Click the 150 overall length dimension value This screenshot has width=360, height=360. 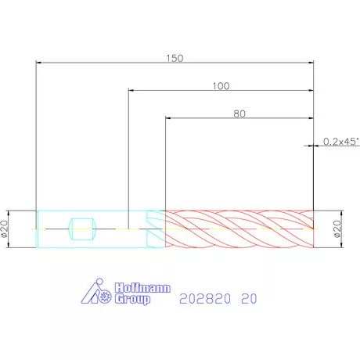click(x=175, y=58)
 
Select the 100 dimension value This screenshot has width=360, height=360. click(x=221, y=86)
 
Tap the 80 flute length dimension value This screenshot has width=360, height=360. click(x=239, y=113)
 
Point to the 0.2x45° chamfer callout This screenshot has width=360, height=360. click(x=341, y=142)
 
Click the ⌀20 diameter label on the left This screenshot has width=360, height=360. click(x=4, y=229)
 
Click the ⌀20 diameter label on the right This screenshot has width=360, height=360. click(x=337, y=229)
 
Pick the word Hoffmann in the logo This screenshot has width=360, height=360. click(x=142, y=288)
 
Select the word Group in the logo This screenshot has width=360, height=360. click(x=132, y=299)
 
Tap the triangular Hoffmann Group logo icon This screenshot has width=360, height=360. click(x=96, y=291)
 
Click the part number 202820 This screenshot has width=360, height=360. click(x=205, y=298)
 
